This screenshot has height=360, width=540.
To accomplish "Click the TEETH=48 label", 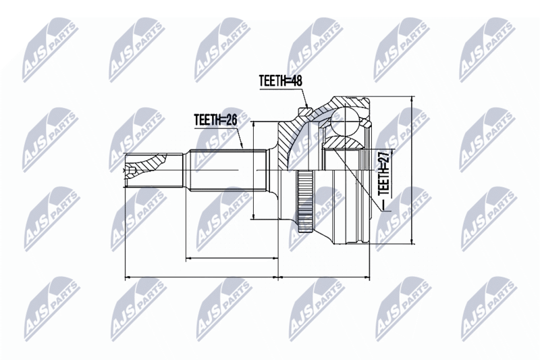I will click(279, 81).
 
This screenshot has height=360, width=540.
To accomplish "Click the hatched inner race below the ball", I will click(344, 143).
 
